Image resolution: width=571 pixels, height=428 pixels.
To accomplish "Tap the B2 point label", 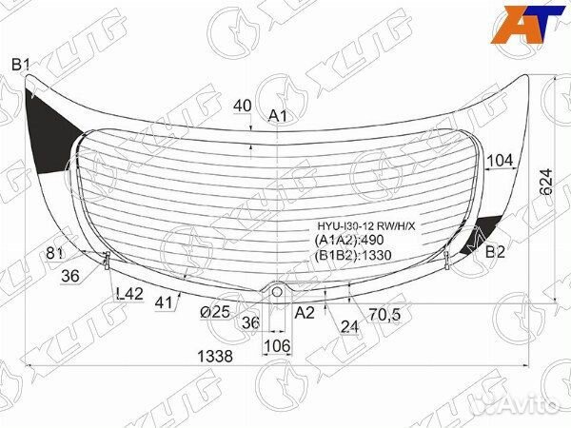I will pyautogui.click(x=496, y=252).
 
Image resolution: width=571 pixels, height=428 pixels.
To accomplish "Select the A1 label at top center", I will pyautogui.click(x=278, y=116).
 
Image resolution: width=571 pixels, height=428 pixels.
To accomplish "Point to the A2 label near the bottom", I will pyautogui.click(x=305, y=312).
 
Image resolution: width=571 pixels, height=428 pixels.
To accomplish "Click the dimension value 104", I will pyautogui.click(x=499, y=161).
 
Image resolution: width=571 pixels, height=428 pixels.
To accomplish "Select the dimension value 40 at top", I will pyautogui.click(x=242, y=105).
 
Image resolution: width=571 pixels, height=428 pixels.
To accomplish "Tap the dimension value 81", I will pyautogui.click(x=54, y=252).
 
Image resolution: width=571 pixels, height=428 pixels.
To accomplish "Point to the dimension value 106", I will pyautogui.click(x=276, y=344).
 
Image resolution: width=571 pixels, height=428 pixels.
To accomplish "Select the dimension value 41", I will pyautogui.click(x=165, y=302).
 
